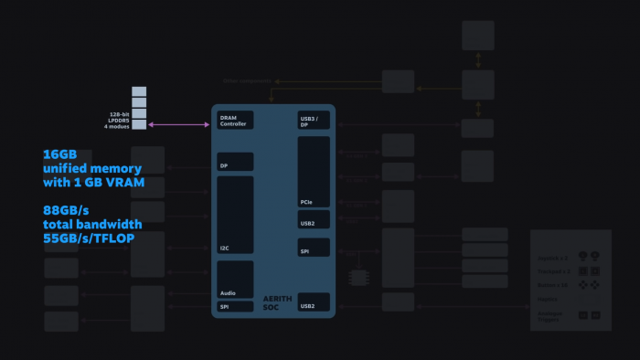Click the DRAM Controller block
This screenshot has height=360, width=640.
coord(235,120)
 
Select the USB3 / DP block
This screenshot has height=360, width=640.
coord(314,120)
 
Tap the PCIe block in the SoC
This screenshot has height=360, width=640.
coord(314,171)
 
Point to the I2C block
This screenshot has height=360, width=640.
coord(235,215)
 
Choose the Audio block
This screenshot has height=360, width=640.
coord(235,279)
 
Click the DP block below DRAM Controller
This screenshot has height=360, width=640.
coord(235,162)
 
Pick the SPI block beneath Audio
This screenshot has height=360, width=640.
coord(235,307)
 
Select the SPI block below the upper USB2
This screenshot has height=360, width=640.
coord(314,247)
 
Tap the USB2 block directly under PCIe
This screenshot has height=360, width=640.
coord(314,219)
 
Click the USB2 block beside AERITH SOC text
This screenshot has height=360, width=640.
coord(314,302)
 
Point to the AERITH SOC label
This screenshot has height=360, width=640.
coord(276,303)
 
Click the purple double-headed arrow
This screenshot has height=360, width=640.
coord(179,124)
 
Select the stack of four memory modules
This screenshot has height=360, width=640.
coord(139,108)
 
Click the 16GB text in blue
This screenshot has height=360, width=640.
coord(59,154)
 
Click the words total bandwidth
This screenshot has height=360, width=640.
coord(92,224)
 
